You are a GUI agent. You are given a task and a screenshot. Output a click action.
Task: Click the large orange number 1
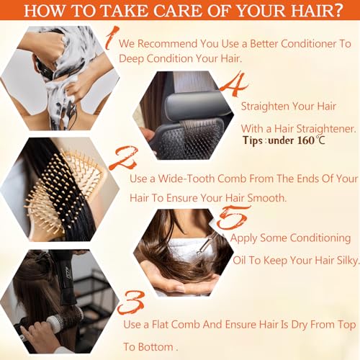pos(109,38)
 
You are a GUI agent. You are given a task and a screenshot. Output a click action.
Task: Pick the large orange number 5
pos(233,216)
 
